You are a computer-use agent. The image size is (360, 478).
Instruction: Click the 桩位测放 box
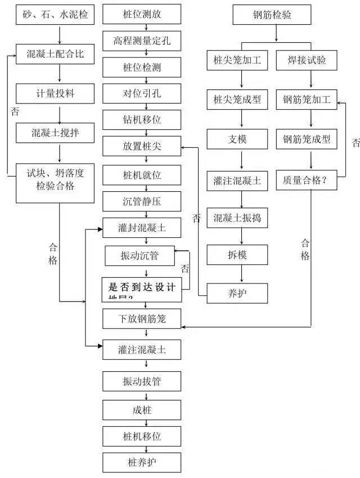click(x=142, y=14)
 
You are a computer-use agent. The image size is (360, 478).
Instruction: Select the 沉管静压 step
click(x=142, y=201)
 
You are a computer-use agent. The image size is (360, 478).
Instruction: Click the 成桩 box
click(x=142, y=410)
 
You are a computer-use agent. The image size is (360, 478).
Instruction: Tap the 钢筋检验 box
click(x=272, y=15)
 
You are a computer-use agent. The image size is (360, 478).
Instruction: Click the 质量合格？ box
click(x=307, y=181)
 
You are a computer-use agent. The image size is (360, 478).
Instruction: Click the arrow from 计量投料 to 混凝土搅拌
click(x=59, y=112)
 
